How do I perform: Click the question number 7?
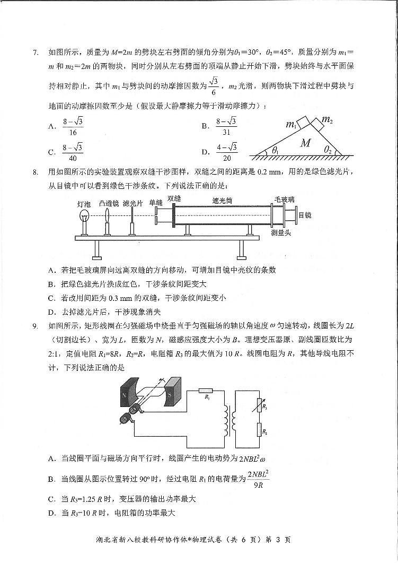pos(36,52)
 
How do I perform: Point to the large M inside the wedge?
pos(305,143)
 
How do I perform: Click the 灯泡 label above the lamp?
pos(84,203)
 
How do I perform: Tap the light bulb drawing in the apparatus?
pos(84,218)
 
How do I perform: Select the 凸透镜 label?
pos(109,203)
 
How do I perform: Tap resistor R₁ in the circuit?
pos(206,392)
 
